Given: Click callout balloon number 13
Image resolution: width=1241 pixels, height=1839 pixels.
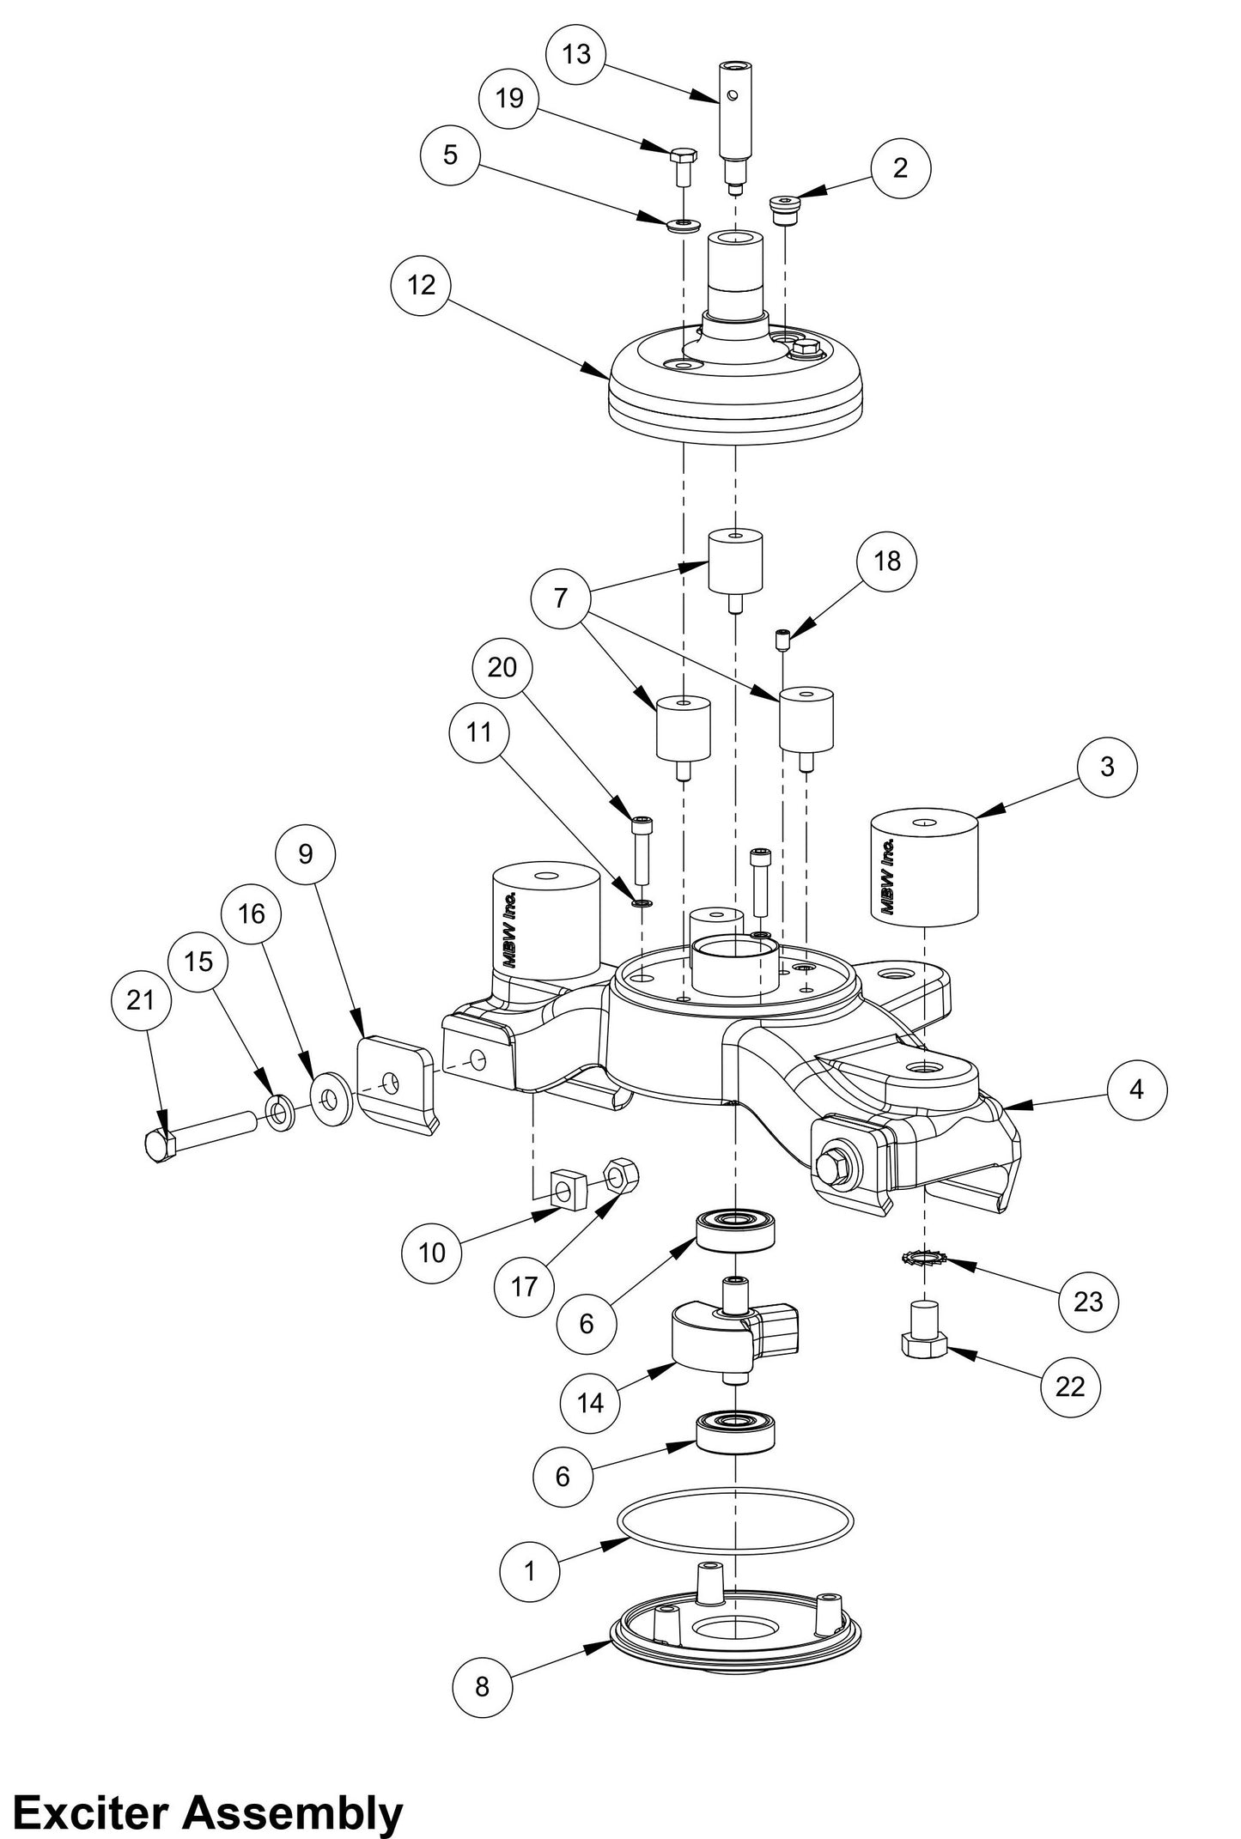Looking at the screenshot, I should click(576, 54).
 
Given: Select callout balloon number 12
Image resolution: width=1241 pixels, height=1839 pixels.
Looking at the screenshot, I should click(421, 285).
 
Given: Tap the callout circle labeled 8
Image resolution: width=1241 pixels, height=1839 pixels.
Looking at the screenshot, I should click(482, 1685).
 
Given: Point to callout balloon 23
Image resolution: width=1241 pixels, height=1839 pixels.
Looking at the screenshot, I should click(1087, 1302).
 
